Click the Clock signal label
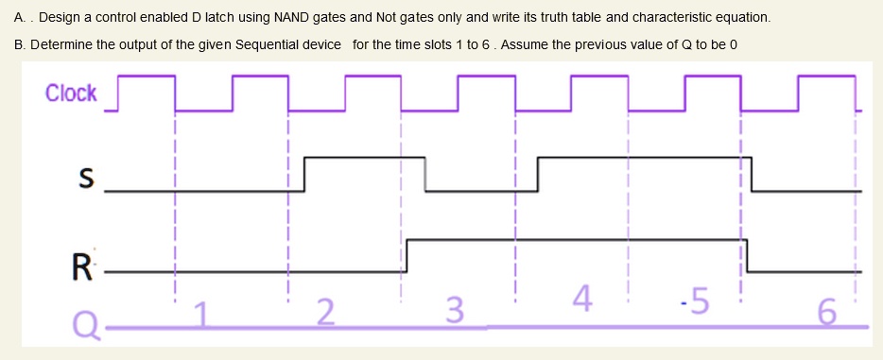[72, 93]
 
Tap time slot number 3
[456, 309]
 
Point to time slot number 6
[828, 310]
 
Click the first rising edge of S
[304, 174]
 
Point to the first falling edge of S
[425, 174]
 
